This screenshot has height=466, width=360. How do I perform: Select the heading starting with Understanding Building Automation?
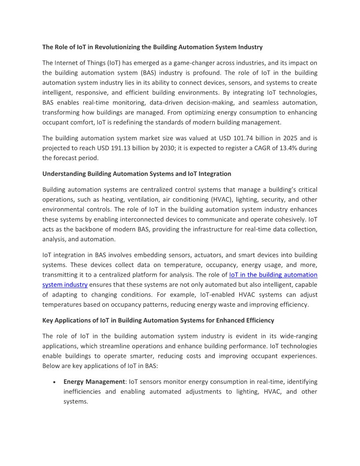[x=137, y=174]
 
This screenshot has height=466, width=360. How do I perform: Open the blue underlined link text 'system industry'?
[x=65, y=285]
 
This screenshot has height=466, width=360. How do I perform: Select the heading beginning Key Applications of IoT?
[x=158, y=320]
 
